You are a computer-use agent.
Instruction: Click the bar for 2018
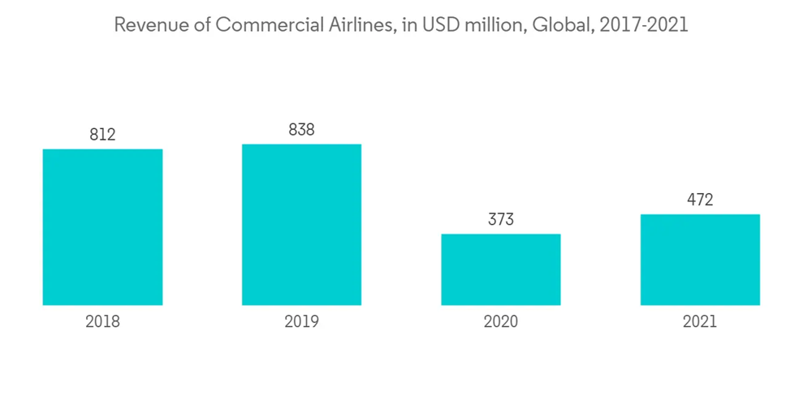point(102,227)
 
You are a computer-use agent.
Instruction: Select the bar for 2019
point(301,225)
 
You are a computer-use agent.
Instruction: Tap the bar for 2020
point(500,269)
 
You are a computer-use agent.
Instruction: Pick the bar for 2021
point(699,260)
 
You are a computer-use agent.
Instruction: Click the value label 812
point(102,135)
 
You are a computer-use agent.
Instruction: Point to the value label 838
point(301,130)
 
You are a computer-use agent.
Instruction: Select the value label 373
point(500,220)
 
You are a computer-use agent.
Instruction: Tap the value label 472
point(699,200)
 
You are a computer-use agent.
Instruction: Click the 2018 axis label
point(102,322)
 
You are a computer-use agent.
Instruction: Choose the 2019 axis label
point(301,322)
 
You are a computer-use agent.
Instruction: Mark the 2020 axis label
point(500,322)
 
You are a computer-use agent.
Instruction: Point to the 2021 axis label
point(699,322)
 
